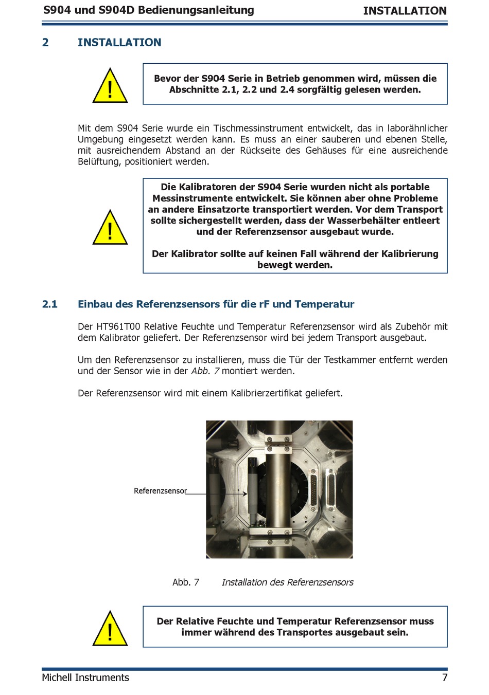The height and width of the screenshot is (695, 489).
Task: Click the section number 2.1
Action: click(50, 304)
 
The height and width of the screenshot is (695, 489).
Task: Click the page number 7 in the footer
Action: click(445, 678)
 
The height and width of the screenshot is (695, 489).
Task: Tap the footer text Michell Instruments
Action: click(85, 678)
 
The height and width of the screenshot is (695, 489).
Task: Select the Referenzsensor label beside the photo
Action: click(160, 490)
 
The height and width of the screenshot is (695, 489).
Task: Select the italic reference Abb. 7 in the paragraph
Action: click(205, 371)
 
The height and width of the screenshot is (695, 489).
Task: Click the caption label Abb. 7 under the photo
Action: click(186, 582)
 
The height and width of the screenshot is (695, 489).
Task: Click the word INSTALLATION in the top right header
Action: click(405, 11)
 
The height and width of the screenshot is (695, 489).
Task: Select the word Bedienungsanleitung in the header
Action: click(196, 10)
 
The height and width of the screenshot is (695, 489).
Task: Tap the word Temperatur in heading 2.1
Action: click(324, 304)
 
